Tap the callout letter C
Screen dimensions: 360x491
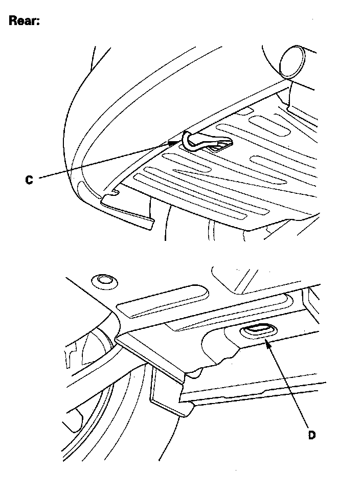[29, 180]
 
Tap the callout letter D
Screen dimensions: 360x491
[311, 435]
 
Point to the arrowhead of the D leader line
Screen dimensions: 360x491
[267, 344]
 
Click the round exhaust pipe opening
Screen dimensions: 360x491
[292, 62]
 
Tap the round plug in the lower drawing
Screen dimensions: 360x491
[104, 281]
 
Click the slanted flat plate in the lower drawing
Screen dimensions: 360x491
[150, 357]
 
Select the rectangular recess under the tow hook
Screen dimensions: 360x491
[221, 146]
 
